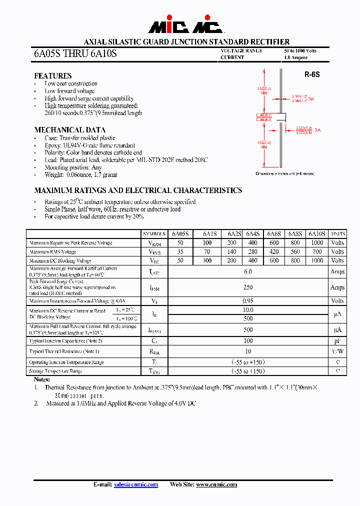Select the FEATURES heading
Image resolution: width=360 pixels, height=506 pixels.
pyautogui.click(x=52, y=75)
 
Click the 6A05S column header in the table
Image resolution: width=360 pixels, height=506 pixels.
pyautogui.click(x=180, y=234)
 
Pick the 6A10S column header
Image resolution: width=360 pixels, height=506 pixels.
pyautogui.click(x=317, y=234)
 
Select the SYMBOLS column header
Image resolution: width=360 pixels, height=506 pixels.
pyautogui.click(x=154, y=234)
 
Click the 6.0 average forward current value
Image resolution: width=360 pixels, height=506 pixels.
pyautogui.click(x=248, y=271)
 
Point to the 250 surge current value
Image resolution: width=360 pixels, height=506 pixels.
pyautogui.click(x=248, y=287)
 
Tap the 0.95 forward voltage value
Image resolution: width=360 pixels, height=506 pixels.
pyautogui.click(x=248, y=301)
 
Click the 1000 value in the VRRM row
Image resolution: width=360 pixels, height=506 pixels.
pyautogui.click(x=317, y=242)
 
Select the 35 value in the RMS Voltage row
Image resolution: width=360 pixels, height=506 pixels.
pyautogui.click(x=180, y=251)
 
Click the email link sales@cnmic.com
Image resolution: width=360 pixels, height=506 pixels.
pyautogui.click(x=136, y=484)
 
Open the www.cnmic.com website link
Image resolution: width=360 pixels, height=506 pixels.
pyautogui.click(x=216, y=484)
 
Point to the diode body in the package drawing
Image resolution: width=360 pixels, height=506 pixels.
pyautogui.click(x=281, y=117)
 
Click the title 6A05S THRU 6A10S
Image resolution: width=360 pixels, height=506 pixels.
pyautogui.click(x=75, y=53)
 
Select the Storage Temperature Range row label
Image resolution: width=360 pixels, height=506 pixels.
pyautogui.click(x=55, y=371)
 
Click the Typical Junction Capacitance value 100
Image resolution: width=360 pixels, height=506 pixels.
pyautogui.click(x=248, y=340)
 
